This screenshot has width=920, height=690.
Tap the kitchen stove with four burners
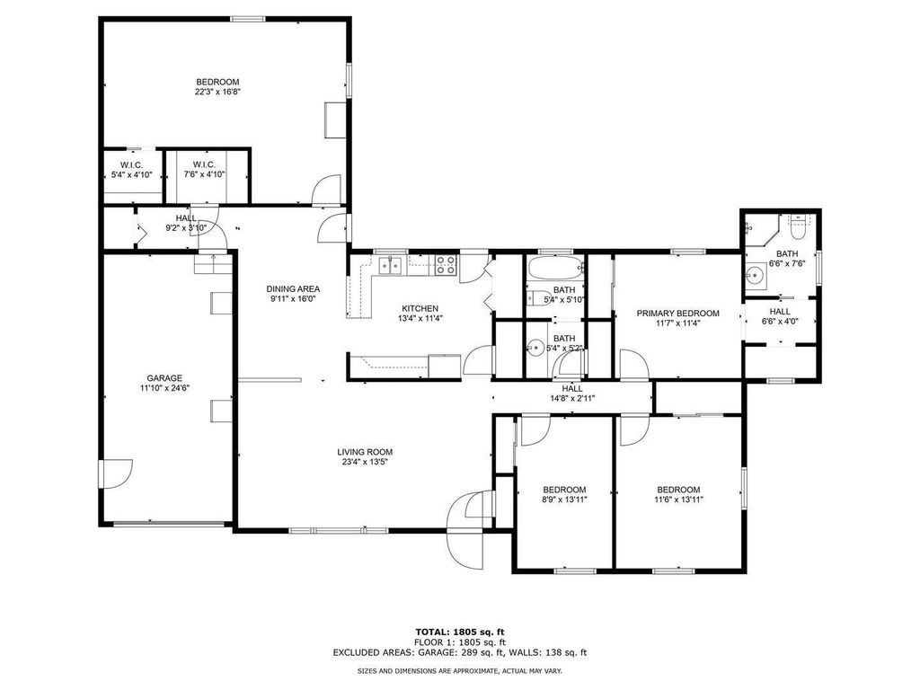tap(446, 264)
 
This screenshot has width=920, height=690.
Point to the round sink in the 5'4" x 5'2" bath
tap(536, 348)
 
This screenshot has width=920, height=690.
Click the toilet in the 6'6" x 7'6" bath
tap(797, 223)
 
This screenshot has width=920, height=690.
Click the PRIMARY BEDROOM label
tap(677, 314)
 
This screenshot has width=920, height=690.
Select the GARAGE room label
tap(164, 378)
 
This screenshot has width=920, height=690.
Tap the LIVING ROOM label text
tap(365, 452)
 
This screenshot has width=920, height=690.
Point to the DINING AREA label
tap(292, 288)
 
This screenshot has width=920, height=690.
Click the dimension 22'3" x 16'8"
tap(217, 92)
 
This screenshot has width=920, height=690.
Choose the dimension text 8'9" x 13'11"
tap(564, 500)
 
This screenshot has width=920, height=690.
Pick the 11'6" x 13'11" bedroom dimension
tap(677, 500)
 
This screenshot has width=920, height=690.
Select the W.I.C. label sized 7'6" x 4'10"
tap(203, 174)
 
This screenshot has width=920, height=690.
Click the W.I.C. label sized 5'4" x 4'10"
tap(131, 174)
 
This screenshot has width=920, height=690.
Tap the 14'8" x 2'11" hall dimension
tap(572, 398)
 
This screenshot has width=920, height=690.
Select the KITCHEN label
tap(420, 307)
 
